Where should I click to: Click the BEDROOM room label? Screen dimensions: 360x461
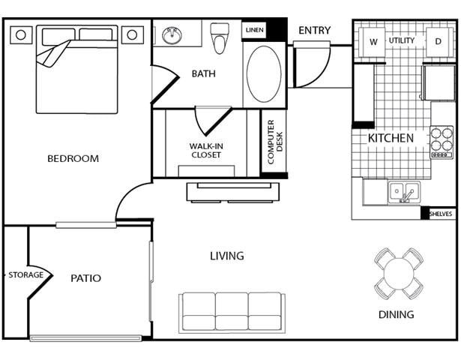[x=73, y=158]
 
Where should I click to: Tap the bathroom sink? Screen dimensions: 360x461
[x=172, y=35]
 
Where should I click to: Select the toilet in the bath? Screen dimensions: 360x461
[x=220, y=38]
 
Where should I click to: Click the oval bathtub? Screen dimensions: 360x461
[x=264, y=74]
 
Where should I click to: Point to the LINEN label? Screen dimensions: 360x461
[x=253, y=30]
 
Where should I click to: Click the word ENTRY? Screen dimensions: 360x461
[x=314, y=30]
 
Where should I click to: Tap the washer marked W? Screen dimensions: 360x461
[x=373, y=41]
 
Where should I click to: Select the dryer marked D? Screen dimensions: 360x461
[x=438, y=41]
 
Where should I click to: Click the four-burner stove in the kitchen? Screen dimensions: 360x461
[x=442, y=140]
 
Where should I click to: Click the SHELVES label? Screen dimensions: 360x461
[x=441, y=214]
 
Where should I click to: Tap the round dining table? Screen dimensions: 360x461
[x=398, y=274]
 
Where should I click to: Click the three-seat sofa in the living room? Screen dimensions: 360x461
[x=232, y=311]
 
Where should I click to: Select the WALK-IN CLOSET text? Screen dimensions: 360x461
[x=205, y=151]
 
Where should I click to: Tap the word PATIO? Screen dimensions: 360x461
[x=85, y=278]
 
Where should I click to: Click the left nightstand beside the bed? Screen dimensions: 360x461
[x=20, y=34]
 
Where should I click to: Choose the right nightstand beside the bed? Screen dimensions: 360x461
[x=132, y=34]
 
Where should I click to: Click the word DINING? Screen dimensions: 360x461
[x=396, y=314]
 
